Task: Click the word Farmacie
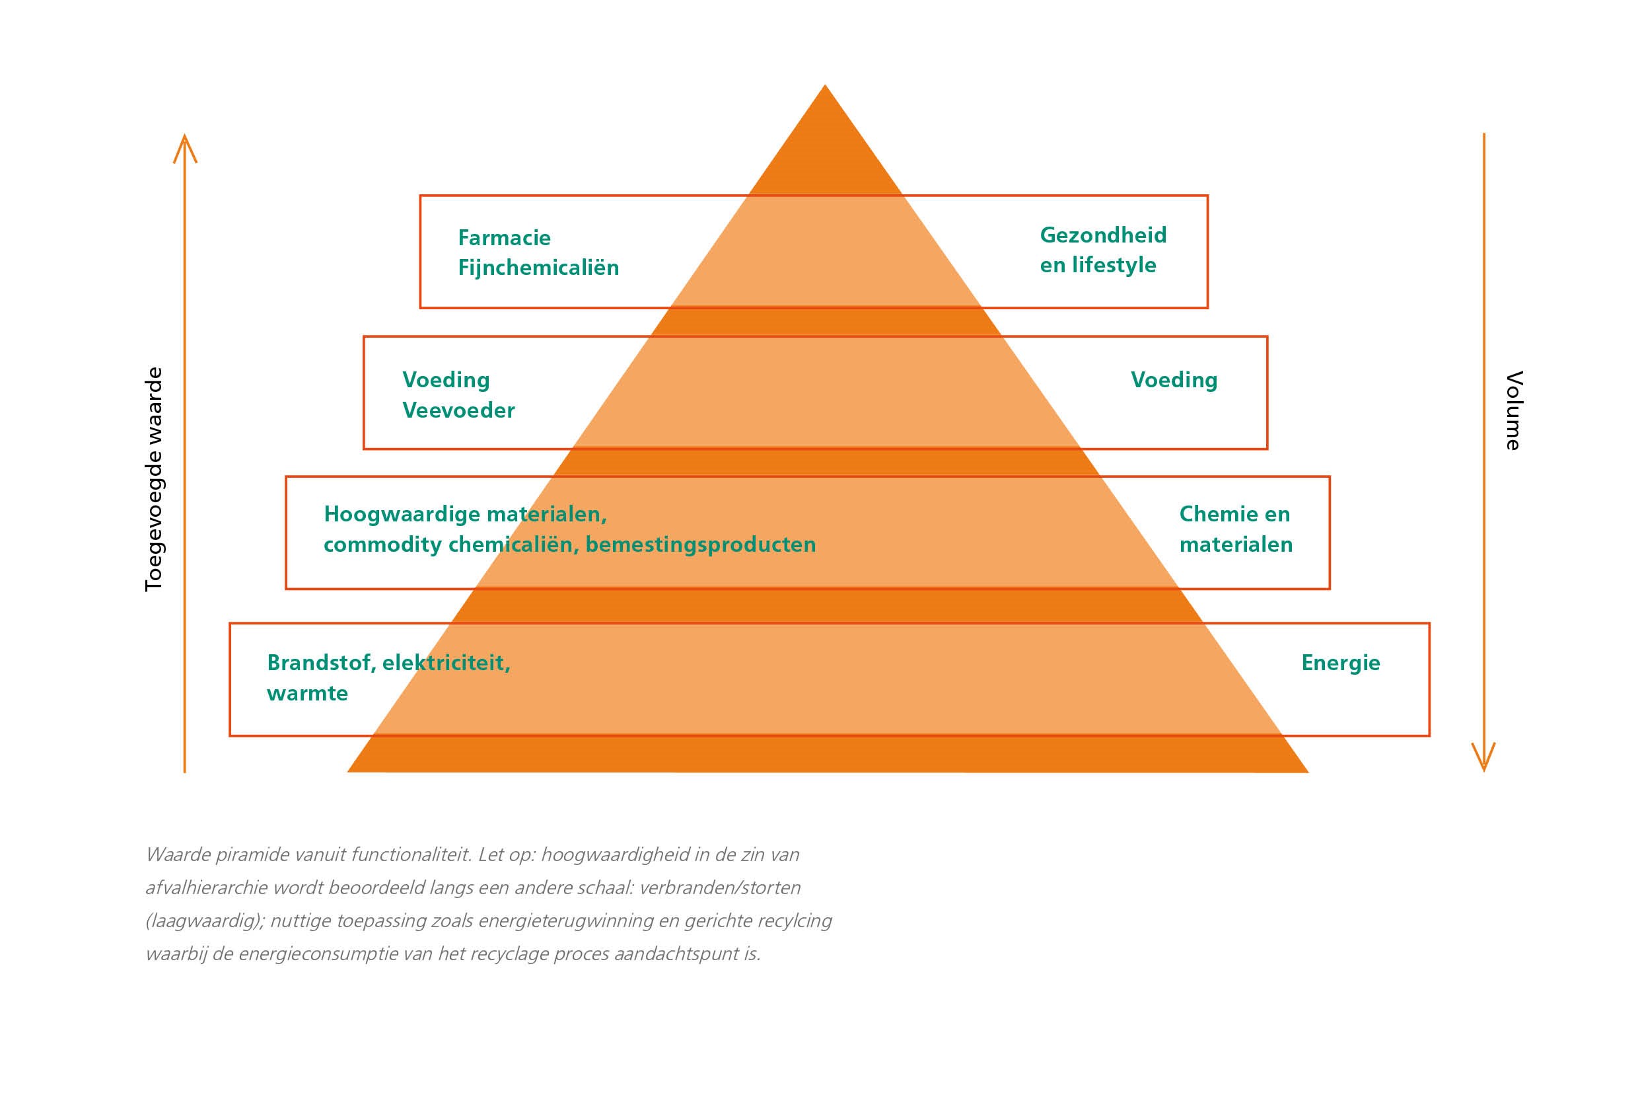click(x=504, y=239)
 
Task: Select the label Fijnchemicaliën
click(x=538, y=268)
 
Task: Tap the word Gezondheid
click(x=1103, y=236)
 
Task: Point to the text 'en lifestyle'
click(x=1097, y=266)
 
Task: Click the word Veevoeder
click(x=458, y=410)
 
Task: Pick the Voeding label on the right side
click(x=1173, y=381)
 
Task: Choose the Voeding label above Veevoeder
click(x=446, y=381)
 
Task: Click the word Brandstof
click(x=320, y=663)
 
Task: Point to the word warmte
click(x=307, y=694)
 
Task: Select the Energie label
click(x=1340, y=663)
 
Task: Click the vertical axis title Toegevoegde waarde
click(x=153, y=480)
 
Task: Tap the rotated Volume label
click(x=1513, y=410)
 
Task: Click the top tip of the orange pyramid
click(x=825, y=88)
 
